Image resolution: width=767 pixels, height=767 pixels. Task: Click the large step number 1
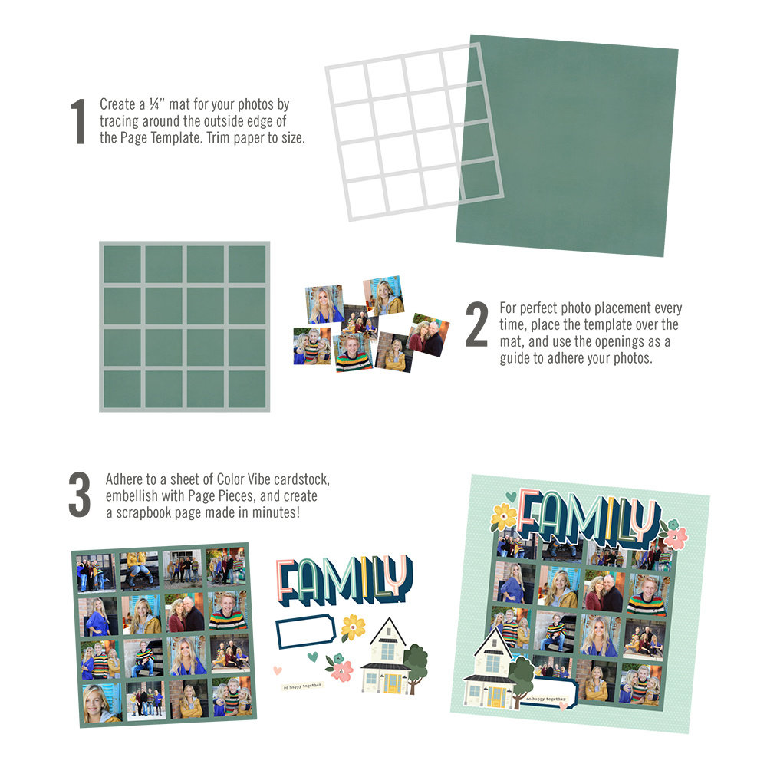coord(77,121)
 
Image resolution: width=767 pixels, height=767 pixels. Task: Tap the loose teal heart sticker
coord(312,657)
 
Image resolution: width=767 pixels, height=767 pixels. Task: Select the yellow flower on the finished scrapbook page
coord(503,515)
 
